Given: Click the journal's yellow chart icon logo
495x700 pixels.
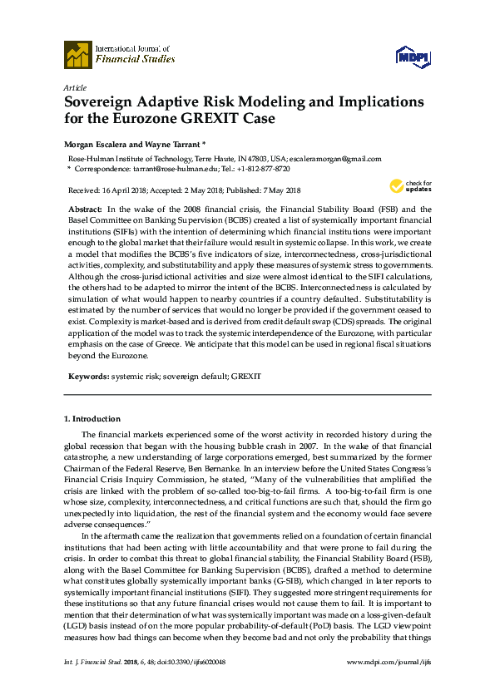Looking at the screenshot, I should click(77, 54).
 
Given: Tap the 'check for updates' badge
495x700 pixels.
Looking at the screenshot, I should click(407, 186).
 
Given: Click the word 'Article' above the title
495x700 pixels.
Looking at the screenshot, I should click(74, 87).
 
